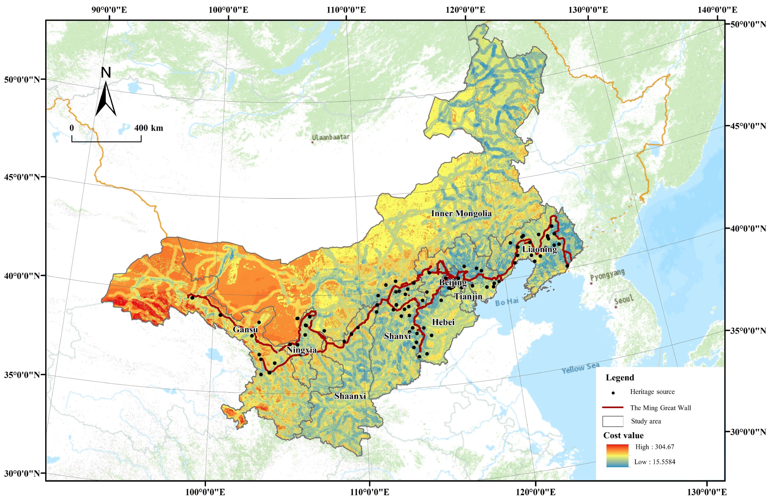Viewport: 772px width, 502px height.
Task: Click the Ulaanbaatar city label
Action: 331,137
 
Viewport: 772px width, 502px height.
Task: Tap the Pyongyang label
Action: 607,275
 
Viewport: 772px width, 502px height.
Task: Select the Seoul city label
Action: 623,300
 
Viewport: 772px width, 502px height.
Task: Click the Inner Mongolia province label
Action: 461,213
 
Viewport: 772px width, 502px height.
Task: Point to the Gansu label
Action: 245,329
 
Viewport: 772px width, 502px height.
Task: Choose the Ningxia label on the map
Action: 301,350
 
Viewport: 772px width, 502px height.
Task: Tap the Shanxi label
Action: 397,336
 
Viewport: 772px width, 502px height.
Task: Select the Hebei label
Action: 443,322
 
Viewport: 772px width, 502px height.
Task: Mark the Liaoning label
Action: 540,249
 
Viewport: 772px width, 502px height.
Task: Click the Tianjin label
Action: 468,296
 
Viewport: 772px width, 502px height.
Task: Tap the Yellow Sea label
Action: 580,368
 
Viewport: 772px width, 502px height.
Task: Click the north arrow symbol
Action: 106,99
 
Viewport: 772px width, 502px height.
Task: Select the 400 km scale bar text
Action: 149,128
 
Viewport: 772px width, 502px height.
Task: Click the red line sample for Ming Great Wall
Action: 612,407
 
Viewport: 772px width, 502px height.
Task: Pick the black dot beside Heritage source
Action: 613,393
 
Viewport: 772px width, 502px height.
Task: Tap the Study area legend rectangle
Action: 613,421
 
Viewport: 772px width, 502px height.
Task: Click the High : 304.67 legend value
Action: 654,447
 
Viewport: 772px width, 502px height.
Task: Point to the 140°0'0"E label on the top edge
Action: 717,10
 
